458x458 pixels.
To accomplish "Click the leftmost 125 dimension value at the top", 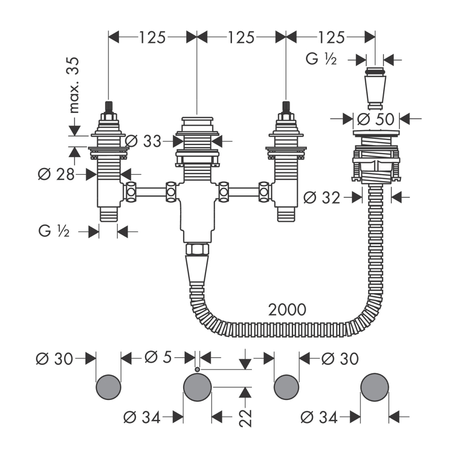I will [153, 37].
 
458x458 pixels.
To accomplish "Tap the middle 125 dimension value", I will [242, 37].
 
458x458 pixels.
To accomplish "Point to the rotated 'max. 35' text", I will [75, 84].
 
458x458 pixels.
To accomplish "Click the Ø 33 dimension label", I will [147, 141].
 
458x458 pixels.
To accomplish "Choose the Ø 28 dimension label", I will [56, 175].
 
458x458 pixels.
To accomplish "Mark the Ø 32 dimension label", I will [322, 197].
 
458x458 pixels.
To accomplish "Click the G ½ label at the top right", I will [321, 60].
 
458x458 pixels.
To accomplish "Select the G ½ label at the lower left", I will [53, 232].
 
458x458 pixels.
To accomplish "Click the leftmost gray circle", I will [108, 387].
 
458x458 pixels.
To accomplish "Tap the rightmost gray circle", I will [375, 387].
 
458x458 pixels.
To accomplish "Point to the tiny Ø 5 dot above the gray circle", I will [197, 368].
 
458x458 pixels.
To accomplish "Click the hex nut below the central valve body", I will [196, 250].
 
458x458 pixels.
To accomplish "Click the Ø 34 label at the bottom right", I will [320, 418].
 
